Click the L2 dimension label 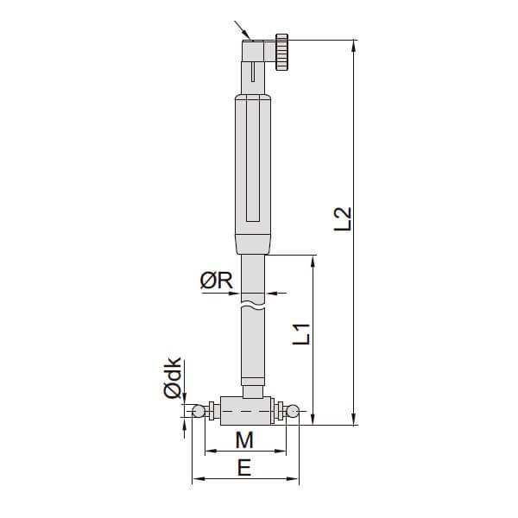344,218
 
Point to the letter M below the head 244,440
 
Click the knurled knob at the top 282,53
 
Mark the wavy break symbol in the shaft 254,305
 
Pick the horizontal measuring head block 246,408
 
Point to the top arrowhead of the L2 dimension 354,44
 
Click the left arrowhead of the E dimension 195,477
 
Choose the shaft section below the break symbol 254,345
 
